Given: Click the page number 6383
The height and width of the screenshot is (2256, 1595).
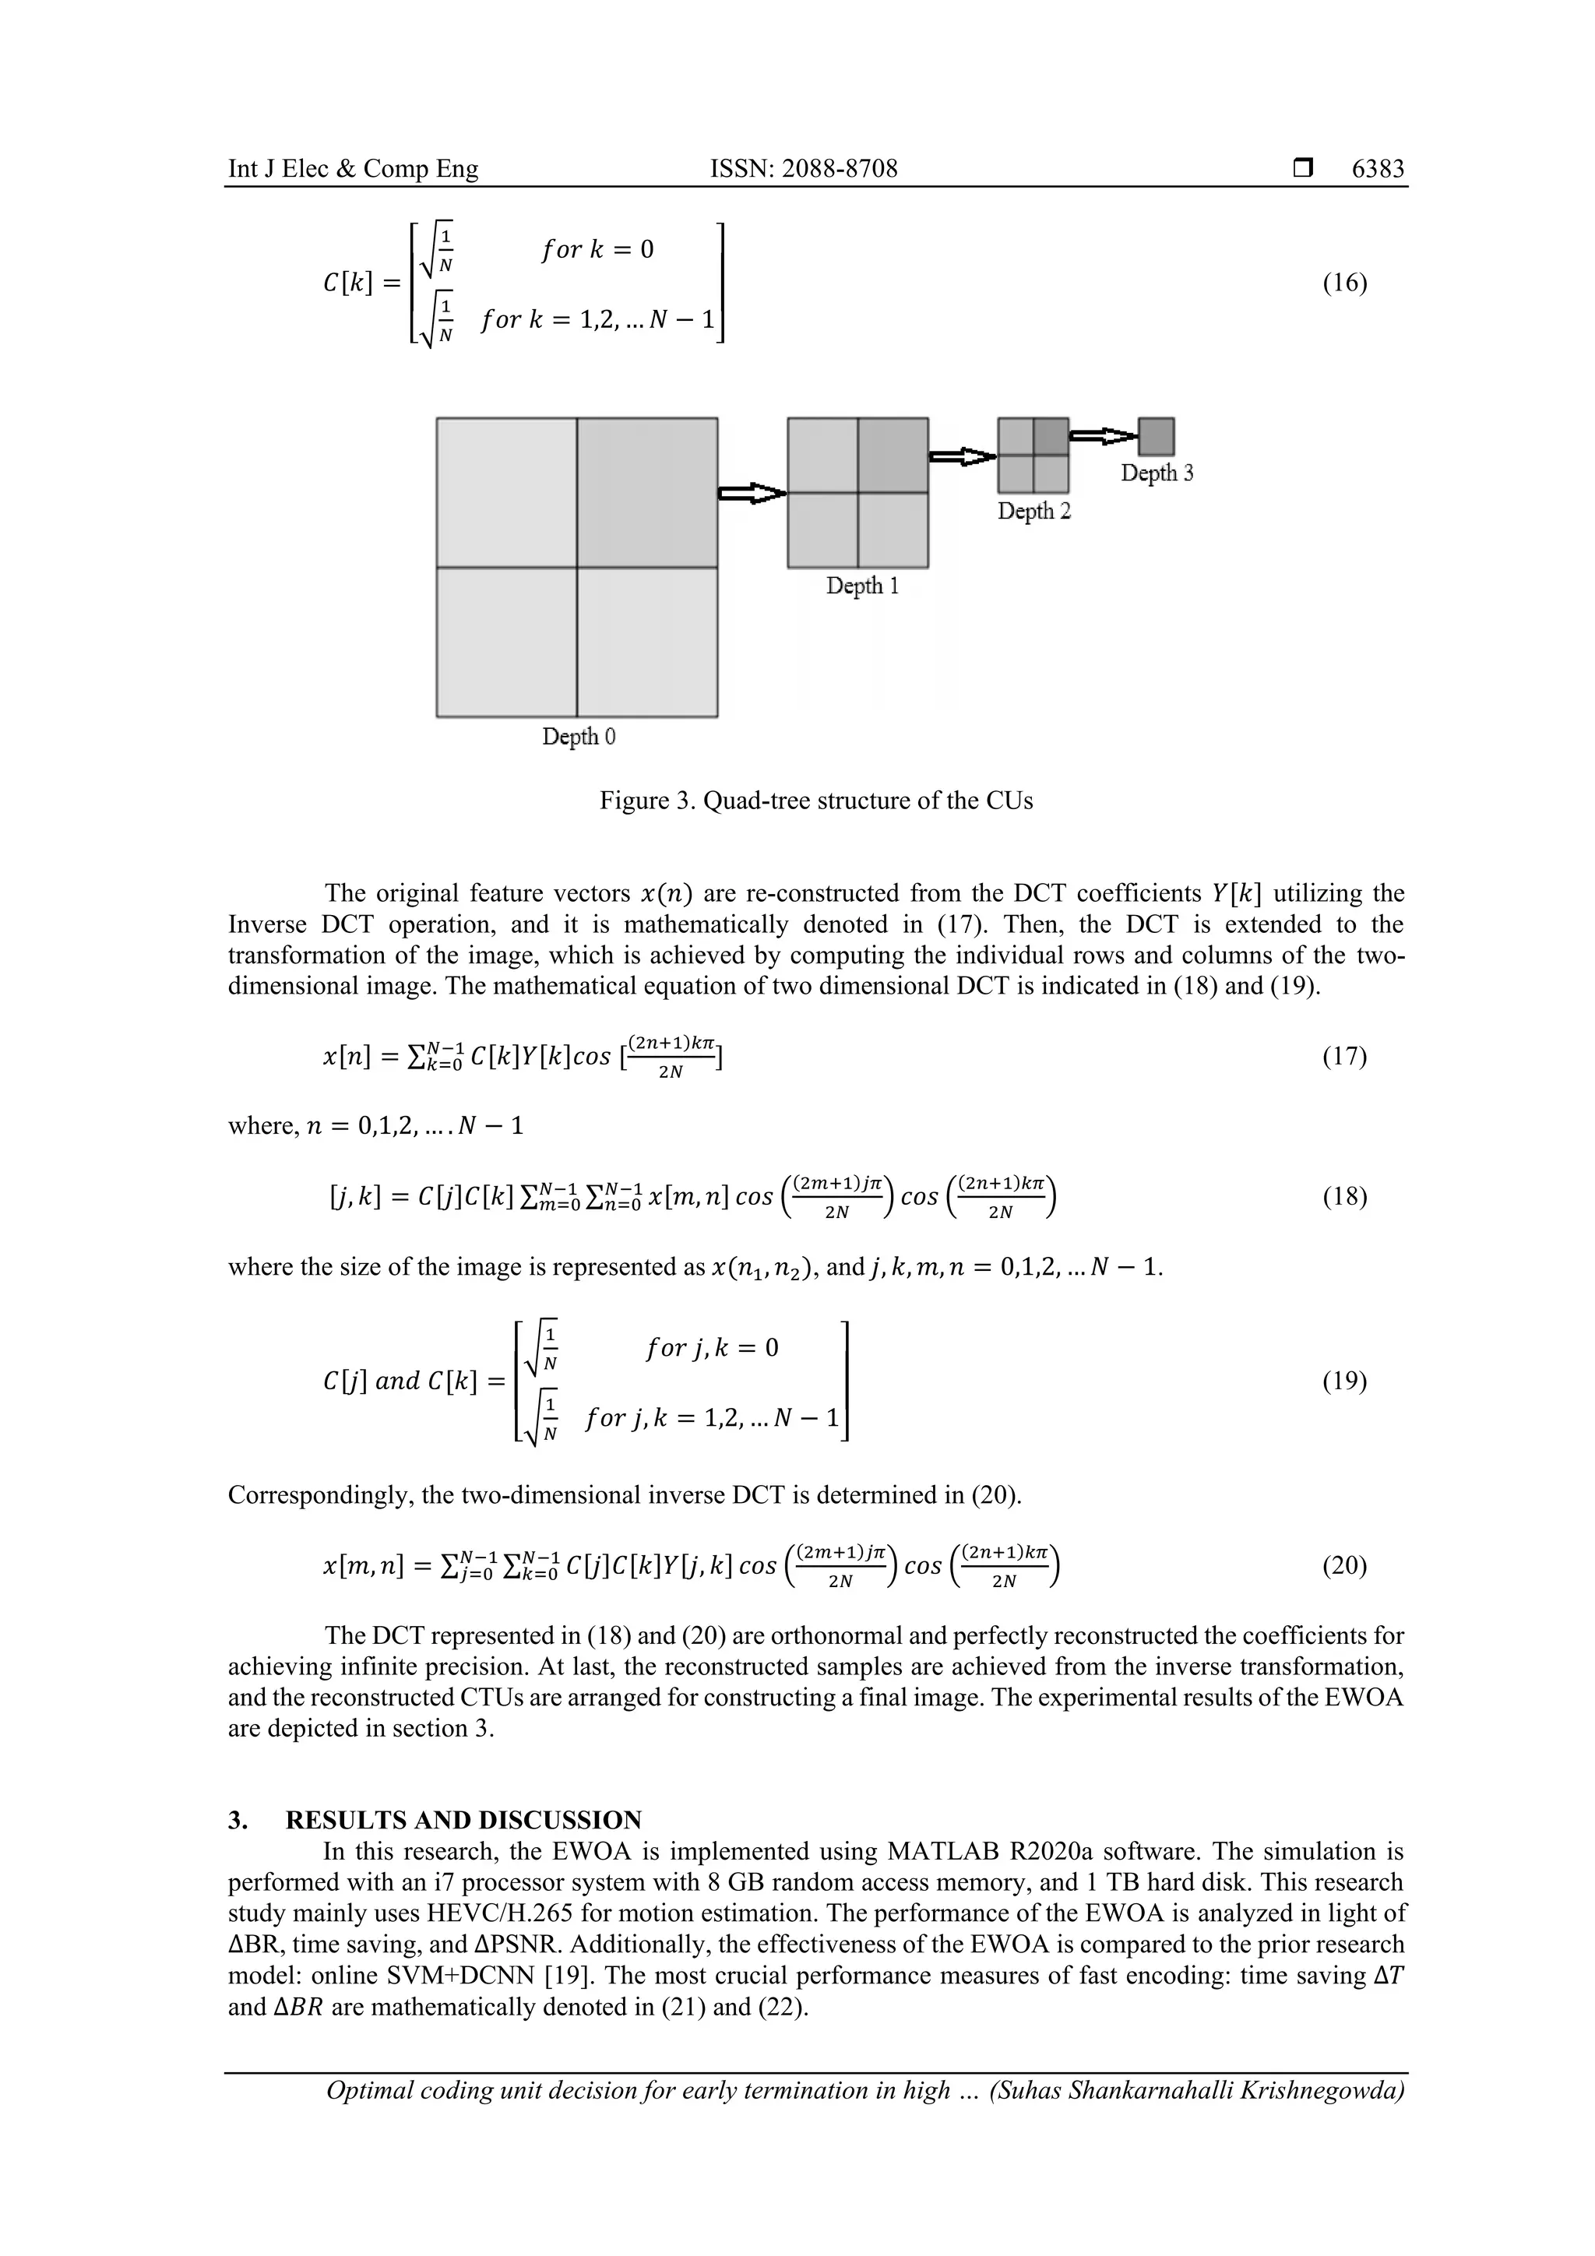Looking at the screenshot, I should (1378, 169).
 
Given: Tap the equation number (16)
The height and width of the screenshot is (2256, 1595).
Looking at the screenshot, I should (1344, 284).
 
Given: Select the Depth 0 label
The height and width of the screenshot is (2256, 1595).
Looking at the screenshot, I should (579, 737).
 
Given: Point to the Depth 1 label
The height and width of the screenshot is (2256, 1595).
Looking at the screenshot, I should (862, 586).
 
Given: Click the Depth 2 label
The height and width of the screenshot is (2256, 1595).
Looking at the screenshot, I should (1033, 511).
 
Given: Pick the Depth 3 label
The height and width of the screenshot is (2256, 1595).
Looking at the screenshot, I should (1157, 473).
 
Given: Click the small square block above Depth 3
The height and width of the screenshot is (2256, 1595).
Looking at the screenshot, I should (1157, 436).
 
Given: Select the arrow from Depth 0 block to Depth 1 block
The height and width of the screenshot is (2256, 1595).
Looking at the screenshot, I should (752, 493).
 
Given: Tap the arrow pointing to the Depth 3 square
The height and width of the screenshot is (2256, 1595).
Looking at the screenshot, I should (1104, 435).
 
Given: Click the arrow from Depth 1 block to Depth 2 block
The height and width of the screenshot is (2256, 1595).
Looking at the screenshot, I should (962, 456).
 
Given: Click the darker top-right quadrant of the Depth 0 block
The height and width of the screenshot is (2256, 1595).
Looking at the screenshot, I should (646, 492).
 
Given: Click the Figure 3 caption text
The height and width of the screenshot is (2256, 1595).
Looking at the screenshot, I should (815, 801).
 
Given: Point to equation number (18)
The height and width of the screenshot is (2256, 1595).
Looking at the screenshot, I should (1344, 1197).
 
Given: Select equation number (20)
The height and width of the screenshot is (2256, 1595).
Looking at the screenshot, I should (1344, 1565).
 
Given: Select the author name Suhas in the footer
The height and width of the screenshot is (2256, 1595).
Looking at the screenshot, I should (1025, 2090).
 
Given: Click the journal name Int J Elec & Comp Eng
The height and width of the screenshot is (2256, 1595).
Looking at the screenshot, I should (353, 169).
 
